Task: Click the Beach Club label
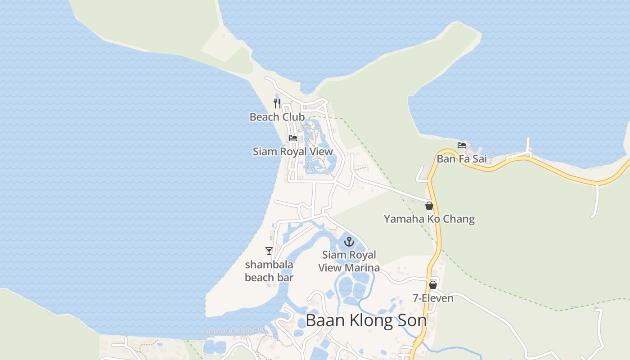point(277,117)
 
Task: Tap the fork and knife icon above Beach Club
point(277,103)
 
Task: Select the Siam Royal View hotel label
point(292,151)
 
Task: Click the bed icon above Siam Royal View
point(293,138)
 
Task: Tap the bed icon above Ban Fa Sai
point(462,145)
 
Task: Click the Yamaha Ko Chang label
point(429,219)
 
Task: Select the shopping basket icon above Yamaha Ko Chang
point(429,206)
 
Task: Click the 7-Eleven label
point(433,298)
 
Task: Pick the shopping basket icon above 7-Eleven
point(433,284)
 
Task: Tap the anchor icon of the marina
point(349,242)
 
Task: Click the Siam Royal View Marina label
point(349,261)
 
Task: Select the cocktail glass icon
point(269,251)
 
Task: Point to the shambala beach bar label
point(269,271)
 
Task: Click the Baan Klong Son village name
point(366,320)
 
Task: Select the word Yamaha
point(400,219)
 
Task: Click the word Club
point(294,117)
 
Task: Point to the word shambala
point(269,265)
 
